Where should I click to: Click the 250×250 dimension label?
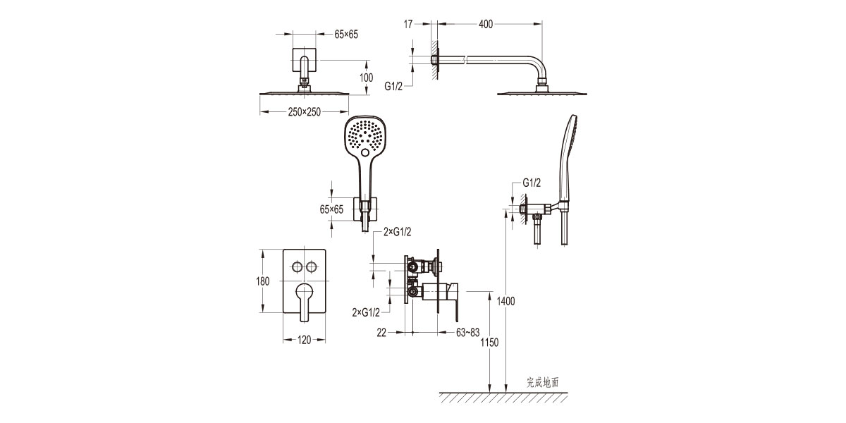pos(304,112)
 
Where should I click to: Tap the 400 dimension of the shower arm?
pos(486,25)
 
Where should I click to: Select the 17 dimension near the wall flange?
pos(408,25)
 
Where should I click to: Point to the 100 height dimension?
pos(366,78)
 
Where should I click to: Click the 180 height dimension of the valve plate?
pos(263,281)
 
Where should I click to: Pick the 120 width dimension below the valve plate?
pos(304,340)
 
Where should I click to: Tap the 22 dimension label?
pos(381,331)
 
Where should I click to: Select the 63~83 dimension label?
pos(468,331)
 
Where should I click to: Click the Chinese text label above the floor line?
pos(542,382)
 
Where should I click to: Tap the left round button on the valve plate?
pos(297,266)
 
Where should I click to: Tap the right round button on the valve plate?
pos(312,266)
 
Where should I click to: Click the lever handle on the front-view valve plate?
pos(304,300)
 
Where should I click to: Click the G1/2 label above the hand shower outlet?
pos(531,183)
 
